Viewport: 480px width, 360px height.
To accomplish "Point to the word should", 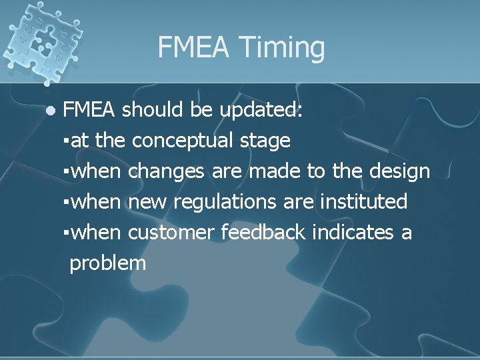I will point(153,109).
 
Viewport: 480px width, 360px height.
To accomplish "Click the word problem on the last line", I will point(107,263).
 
